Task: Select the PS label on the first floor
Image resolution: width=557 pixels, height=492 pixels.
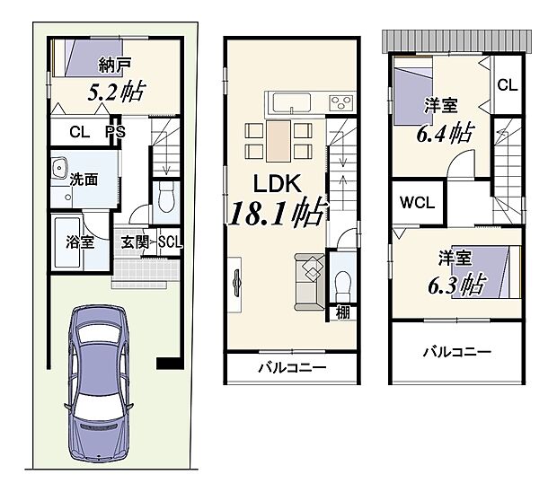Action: pos(115,132)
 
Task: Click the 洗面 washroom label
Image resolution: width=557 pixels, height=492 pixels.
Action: pos(86,179)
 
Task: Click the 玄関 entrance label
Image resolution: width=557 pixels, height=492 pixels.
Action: pos(137,242)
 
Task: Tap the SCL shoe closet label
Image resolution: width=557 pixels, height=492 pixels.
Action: pos(170,242)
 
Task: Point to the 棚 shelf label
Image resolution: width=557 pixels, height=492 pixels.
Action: pos(342,312)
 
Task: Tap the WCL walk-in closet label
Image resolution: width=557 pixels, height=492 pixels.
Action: pos(418,202)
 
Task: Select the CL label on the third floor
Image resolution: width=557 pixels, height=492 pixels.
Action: pos(507,86)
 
